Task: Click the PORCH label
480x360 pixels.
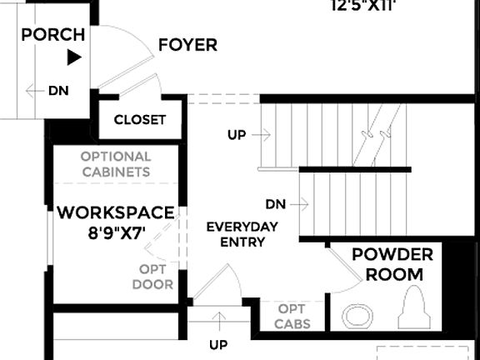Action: pos(53,35)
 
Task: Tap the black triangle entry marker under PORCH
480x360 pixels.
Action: pos(74,57)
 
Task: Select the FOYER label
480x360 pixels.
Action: pos(187,45)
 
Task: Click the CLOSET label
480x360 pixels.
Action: pos(139,120)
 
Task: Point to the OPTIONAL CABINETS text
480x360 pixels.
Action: pos(116,164)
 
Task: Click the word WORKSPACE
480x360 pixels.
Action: pos(116,213)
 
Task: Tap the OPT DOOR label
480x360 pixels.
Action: pos(152,277)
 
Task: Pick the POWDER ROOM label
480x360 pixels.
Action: pos(392,264)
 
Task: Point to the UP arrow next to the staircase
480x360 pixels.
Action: pos(249,134)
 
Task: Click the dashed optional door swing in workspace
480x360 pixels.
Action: pos(158,242)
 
